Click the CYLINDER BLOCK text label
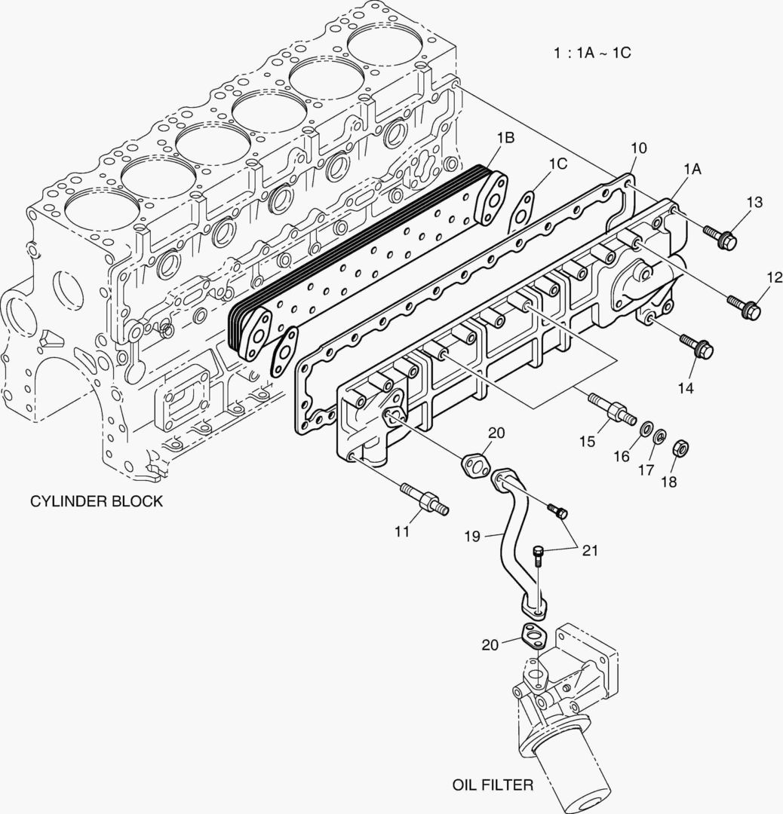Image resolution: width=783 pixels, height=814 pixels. [96, 501]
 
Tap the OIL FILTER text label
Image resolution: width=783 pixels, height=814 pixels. [493, 785]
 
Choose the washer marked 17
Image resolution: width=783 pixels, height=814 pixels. [659, 437]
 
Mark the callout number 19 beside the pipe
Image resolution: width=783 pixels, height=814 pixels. [472, 536]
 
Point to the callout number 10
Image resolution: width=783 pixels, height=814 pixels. [638, 148]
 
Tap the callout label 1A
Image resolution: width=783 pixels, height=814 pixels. [692, 170]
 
